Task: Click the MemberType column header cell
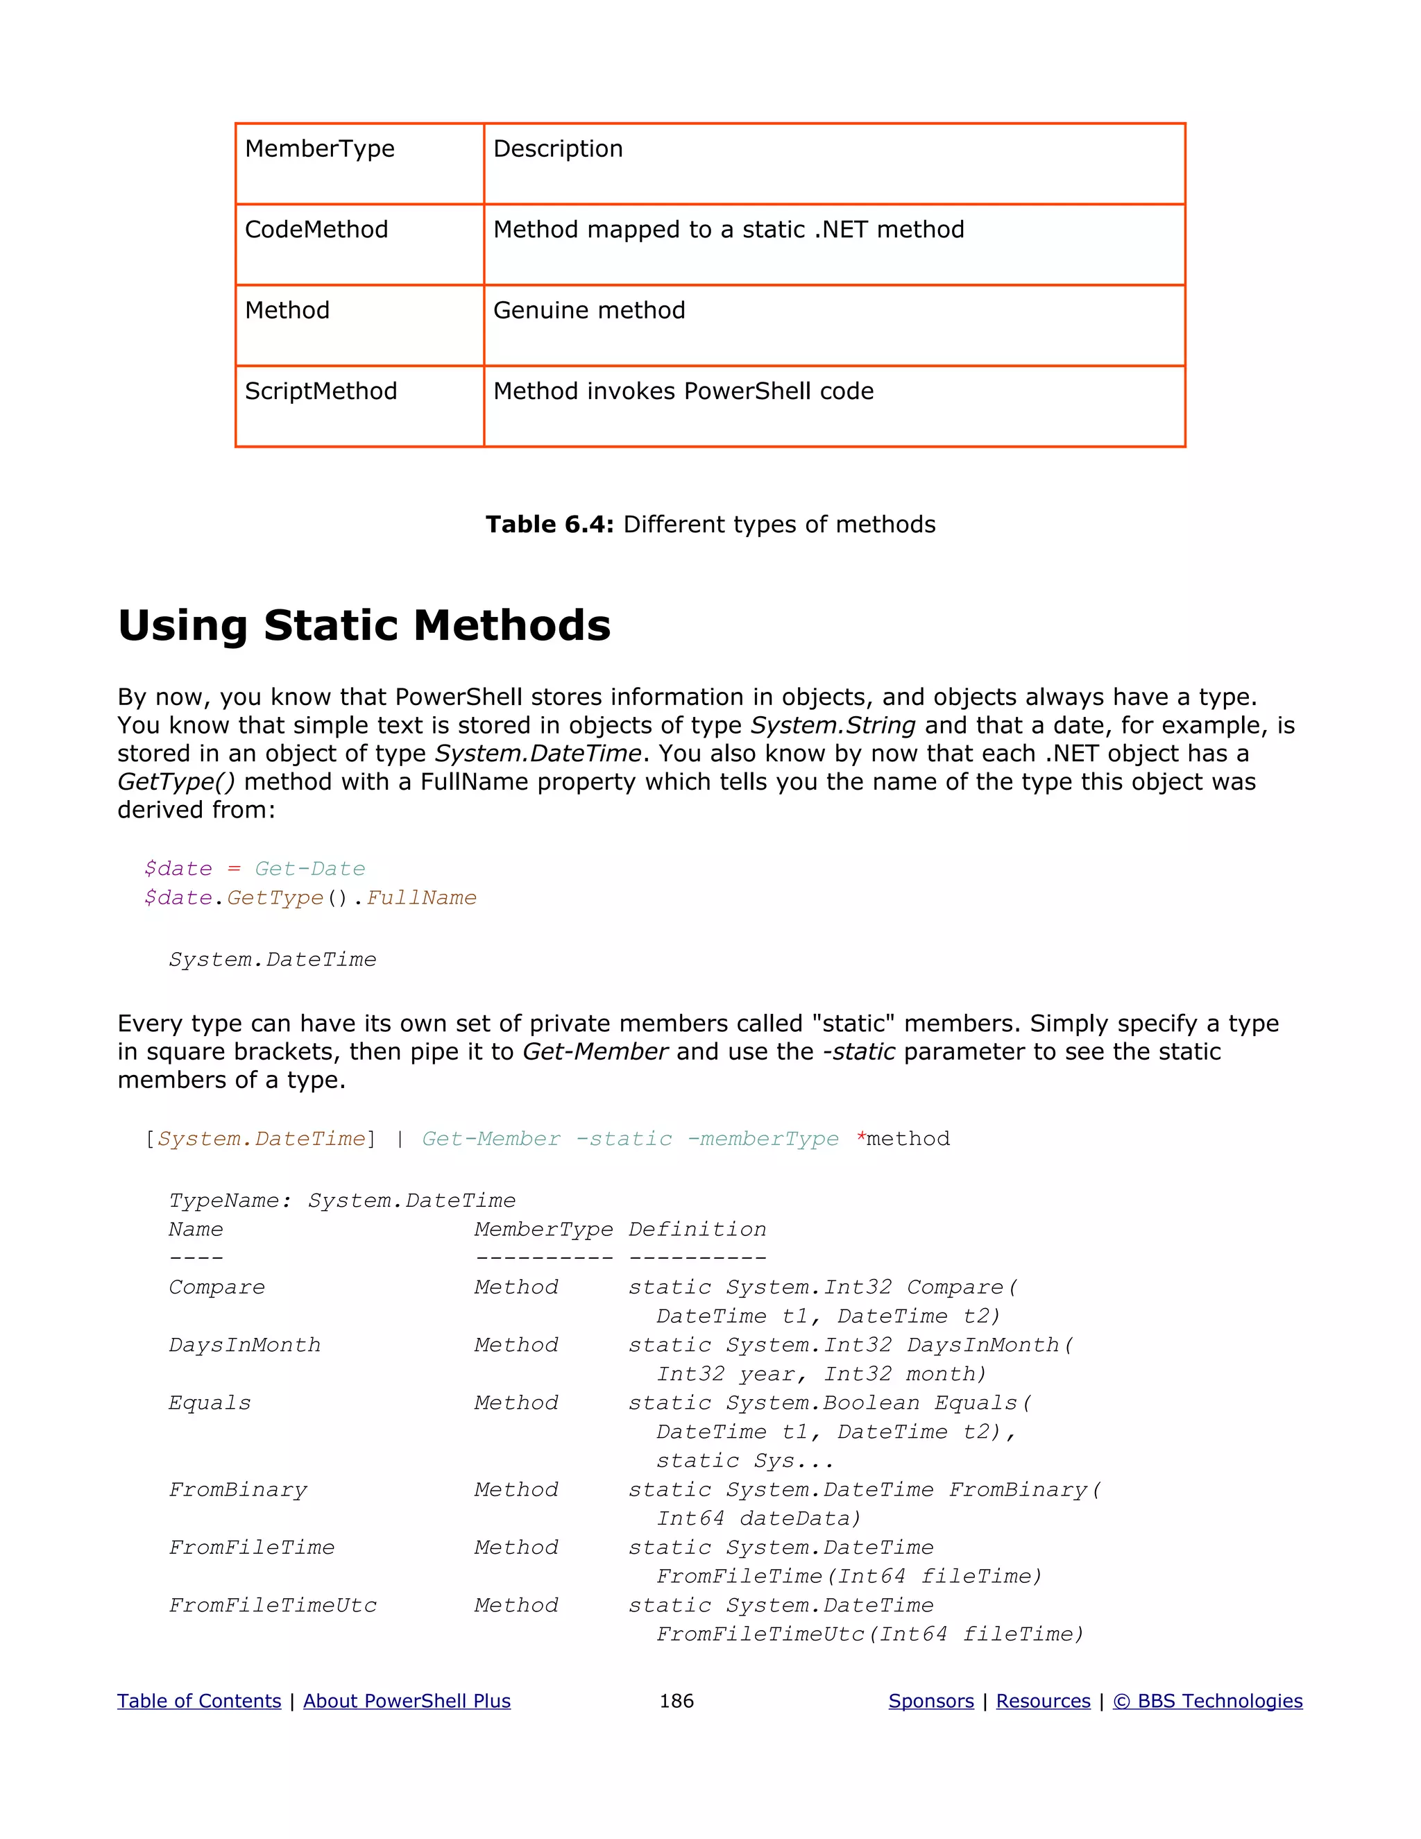tap(320, 149)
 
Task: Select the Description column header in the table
tap(558, 149)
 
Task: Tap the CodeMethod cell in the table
tap(316, 230)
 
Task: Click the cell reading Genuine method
tap(589, 311)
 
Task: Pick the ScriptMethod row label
tap(321, 391)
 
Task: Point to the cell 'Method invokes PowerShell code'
tap(683, 391)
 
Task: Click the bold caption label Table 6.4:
tap(550, 525)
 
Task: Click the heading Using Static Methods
tap(364, 627)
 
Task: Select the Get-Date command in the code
tap(309, 869)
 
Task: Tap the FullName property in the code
tap(422, 899)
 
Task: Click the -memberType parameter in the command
tap(763, 1139)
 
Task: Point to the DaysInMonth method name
tap(244, 1346)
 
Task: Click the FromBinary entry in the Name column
tap(238, 1491)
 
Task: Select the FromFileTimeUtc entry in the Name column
tap(273, 1606)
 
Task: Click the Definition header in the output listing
tap(697, 1230)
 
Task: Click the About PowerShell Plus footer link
tap(407, 1702)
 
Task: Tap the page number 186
tap(676, 1702)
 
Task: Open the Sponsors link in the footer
tap(931, 1702)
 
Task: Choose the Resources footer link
tap(1043, 1702)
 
